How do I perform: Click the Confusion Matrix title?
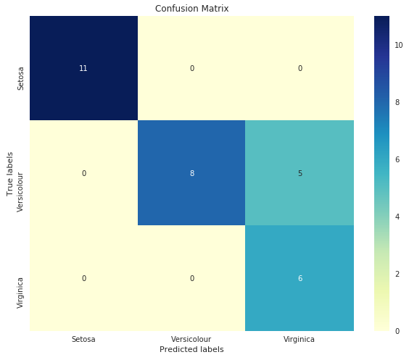click(x=191, y=9)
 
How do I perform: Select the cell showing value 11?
click(x=83, y=68)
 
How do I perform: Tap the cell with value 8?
click(x=191, y=173)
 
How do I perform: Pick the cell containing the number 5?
click(x=299, y=173)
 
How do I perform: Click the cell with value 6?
click(x=299, y=278)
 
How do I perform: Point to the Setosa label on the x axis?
click(x=83, y=339)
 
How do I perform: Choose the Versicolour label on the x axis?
click(x=191, y=339)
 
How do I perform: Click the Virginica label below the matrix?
click(x=299, y=339)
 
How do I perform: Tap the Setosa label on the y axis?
click(x=20, y=79)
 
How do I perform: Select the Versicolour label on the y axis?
click(x=20, y=192)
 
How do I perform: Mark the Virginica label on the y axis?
click(x=20, y=293)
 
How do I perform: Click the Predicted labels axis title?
click(x=191, y=349)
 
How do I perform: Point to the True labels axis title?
click(x=9, y=175)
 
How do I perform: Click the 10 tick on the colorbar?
click(x=399, y=46)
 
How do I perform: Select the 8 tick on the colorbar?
click(x=397, y=102)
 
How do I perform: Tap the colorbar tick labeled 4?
click(x=397, y=217)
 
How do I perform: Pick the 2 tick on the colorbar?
click(x=397, y=274)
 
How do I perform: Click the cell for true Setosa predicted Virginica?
click(x=299, y=68)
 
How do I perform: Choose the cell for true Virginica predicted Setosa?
click(x=83, y=278)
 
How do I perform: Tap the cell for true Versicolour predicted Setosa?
click(x=83, y=173)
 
